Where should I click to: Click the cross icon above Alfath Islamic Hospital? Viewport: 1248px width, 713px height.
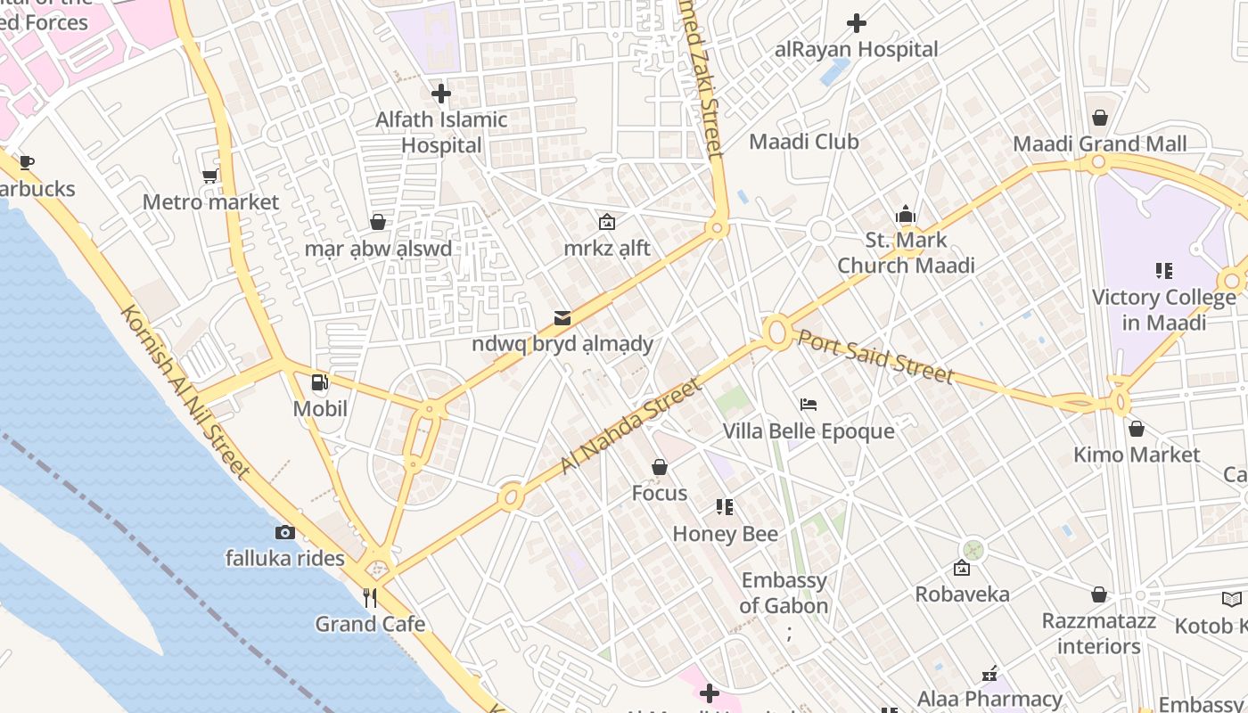440,93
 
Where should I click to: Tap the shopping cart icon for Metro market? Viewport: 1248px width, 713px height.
210,176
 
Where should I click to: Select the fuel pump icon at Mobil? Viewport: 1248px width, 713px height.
319,383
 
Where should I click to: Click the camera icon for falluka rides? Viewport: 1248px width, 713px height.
285,532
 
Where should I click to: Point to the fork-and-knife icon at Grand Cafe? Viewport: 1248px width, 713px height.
370,597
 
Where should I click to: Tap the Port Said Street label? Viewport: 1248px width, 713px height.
874,356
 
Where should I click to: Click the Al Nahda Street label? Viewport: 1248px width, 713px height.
629,426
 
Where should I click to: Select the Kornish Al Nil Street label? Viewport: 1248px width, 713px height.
185,389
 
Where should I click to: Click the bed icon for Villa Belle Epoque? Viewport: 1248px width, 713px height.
809,405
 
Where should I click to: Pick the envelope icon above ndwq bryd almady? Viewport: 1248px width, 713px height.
562,317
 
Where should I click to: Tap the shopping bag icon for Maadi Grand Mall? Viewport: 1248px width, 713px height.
1100,118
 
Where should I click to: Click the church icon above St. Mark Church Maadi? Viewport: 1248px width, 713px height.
906,214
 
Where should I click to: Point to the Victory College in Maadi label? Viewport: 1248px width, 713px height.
1163,309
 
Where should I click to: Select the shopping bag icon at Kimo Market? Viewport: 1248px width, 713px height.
1136,429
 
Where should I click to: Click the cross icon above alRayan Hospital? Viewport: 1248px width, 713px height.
857,22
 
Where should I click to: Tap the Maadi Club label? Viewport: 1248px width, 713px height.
803,142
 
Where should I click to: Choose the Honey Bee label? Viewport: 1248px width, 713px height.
725,534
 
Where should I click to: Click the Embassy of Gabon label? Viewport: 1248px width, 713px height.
784,593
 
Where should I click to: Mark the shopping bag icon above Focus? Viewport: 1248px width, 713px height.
660,467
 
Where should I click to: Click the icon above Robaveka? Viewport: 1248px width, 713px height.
962,568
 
